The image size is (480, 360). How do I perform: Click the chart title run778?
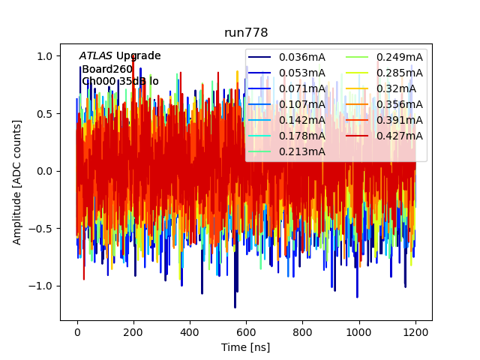click(246, 33)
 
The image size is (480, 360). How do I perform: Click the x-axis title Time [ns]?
click(246, 347)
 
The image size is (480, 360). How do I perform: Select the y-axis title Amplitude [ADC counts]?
click(17, 181)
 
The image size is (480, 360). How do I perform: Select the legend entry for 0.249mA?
click(399, 57)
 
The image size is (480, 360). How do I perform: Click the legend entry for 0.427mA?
click(399, 136)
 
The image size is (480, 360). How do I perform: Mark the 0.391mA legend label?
click(399, 120)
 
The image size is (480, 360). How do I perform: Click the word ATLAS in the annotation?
click(96, 56)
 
